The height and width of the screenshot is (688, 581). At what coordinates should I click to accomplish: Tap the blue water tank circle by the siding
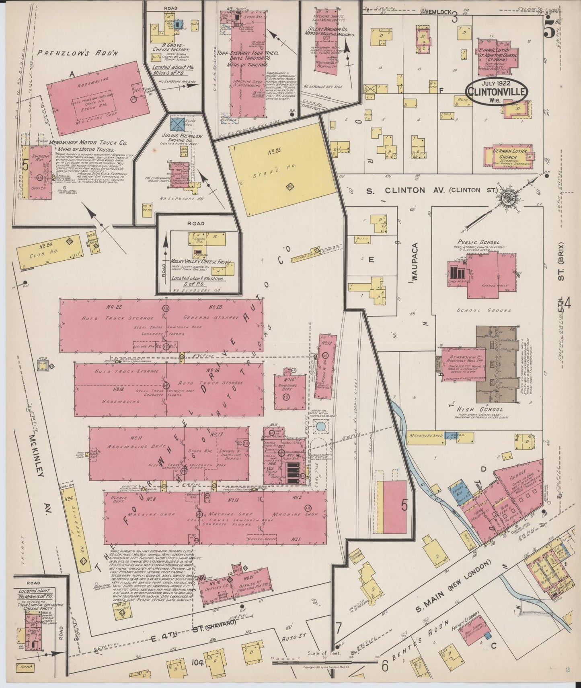pos(320,426)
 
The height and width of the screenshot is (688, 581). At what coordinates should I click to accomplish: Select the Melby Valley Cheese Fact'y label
pos(200,262)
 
